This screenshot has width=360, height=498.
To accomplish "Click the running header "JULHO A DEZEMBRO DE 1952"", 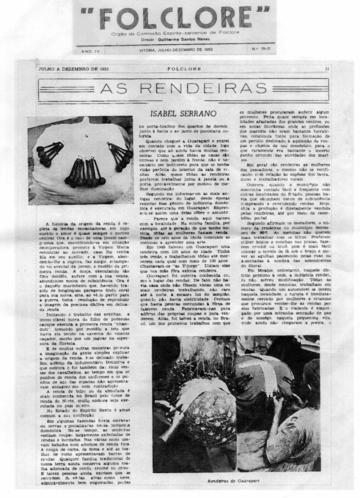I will point(73,69).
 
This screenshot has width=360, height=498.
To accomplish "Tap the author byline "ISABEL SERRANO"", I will point(183,114).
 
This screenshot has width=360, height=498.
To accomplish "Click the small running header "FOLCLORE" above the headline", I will point(184,69).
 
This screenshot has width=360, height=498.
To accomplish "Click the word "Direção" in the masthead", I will point(148,40).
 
